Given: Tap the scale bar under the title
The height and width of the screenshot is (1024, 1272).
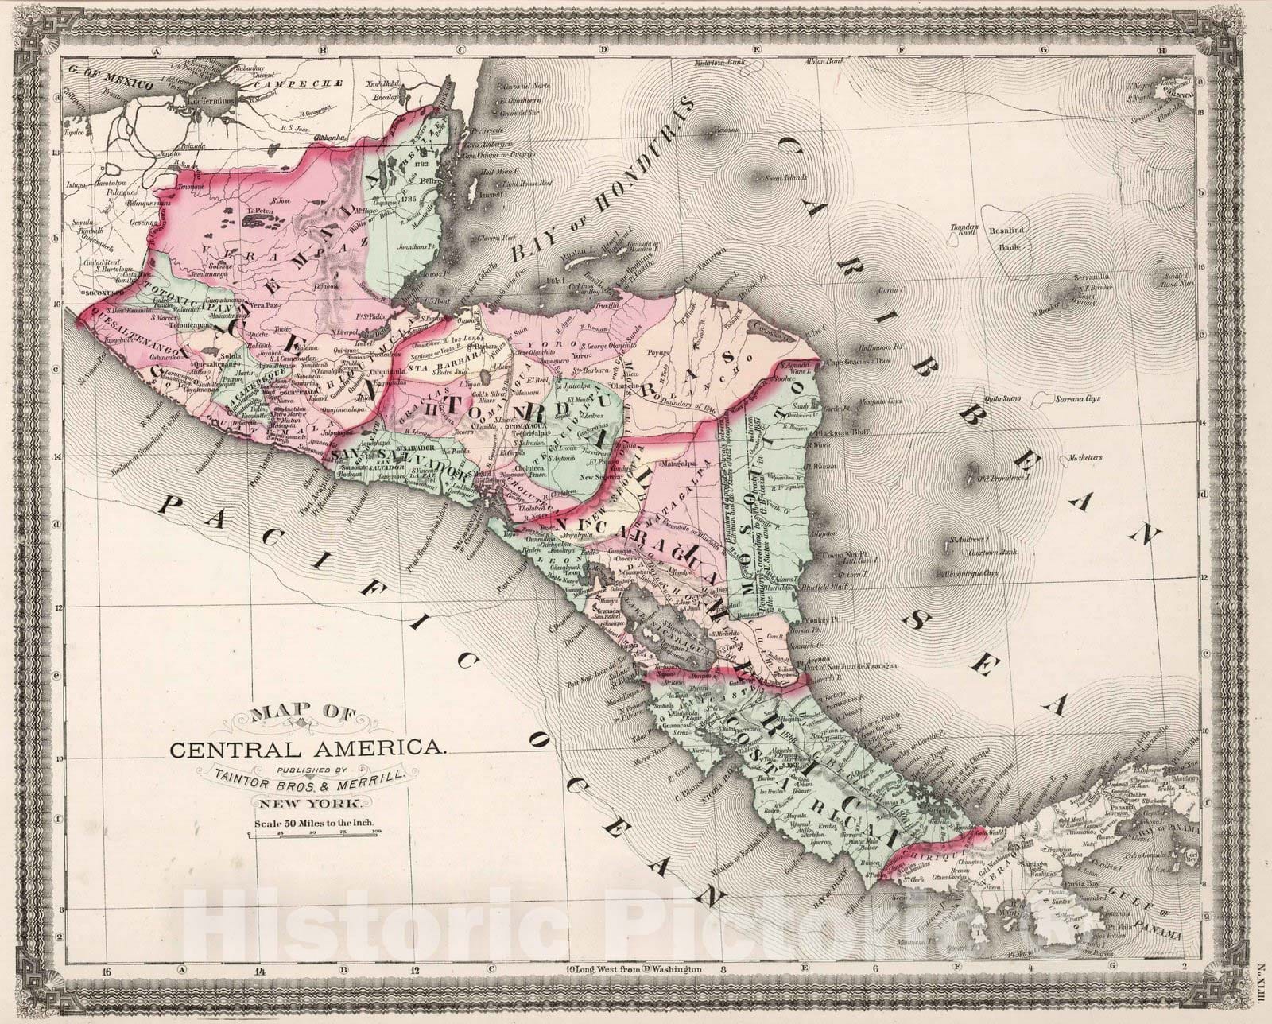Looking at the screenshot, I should click(x=315, y=832).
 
